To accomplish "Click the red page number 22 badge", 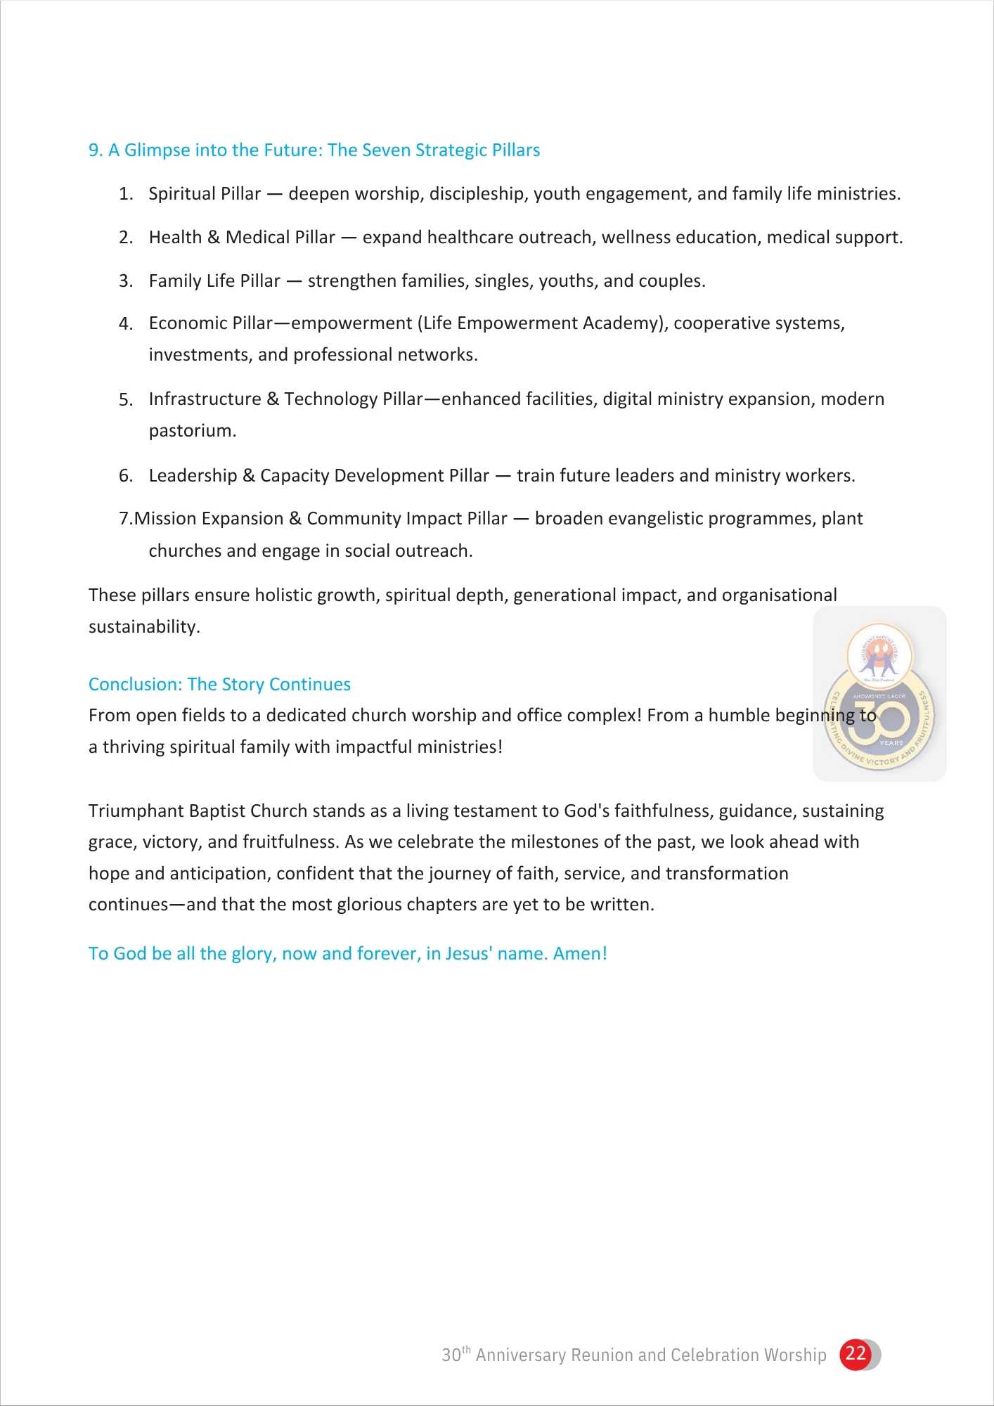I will (856, 1354).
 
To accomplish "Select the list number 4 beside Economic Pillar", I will (125, 324).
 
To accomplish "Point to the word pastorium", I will (191, 431).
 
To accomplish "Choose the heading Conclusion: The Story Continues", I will (219, 685).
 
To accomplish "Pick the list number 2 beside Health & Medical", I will (125, 238).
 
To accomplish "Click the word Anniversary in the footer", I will (520, 1355).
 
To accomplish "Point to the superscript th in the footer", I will (466, 1349).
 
